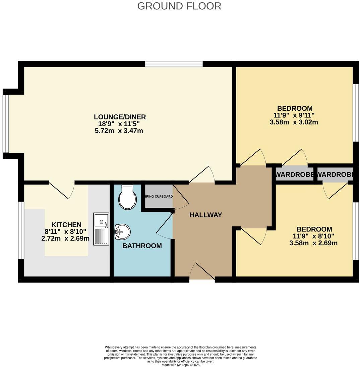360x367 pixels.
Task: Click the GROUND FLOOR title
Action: [179, 6]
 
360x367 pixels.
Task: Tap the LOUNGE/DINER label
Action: [120, 117]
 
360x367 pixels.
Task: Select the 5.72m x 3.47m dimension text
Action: [119, 130]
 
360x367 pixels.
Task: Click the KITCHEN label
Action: [66, 224]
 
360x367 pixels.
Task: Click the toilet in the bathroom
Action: [127, 198]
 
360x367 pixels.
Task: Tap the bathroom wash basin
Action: [122, 231]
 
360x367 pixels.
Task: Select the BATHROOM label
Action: [142, 246]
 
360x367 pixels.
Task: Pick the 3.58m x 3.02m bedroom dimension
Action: [294, 122]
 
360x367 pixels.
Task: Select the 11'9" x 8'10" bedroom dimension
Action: [314, 236]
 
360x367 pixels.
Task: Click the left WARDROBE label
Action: [295, 174]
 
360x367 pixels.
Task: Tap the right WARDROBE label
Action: [335, 174]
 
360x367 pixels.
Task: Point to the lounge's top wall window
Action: [174, 64]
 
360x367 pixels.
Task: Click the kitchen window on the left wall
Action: [21, 230]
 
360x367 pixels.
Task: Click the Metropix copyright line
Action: [180, 365]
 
